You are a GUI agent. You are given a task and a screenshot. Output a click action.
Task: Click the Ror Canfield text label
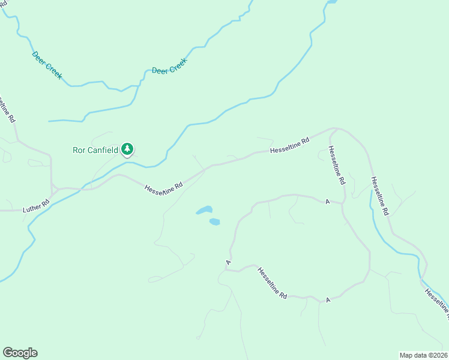95,149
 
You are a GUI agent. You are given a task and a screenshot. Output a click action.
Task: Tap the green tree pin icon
127,149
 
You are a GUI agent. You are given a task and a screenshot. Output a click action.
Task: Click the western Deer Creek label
47,65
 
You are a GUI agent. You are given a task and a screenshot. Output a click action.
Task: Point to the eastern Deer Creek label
170,65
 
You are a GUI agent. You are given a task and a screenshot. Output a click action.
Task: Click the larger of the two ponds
204,211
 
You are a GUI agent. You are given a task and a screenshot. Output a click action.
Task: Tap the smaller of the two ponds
214,221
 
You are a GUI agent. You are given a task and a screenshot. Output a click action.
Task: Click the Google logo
20,353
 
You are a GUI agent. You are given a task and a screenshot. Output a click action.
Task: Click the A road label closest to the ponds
229,262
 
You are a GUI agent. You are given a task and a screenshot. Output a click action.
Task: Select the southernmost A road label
328,299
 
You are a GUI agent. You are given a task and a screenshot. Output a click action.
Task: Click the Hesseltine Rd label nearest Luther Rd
163,188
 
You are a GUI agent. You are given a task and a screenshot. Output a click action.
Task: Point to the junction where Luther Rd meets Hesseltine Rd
53,191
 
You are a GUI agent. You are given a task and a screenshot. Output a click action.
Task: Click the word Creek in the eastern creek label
178,63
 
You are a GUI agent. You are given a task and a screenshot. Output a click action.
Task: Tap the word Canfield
103,149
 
